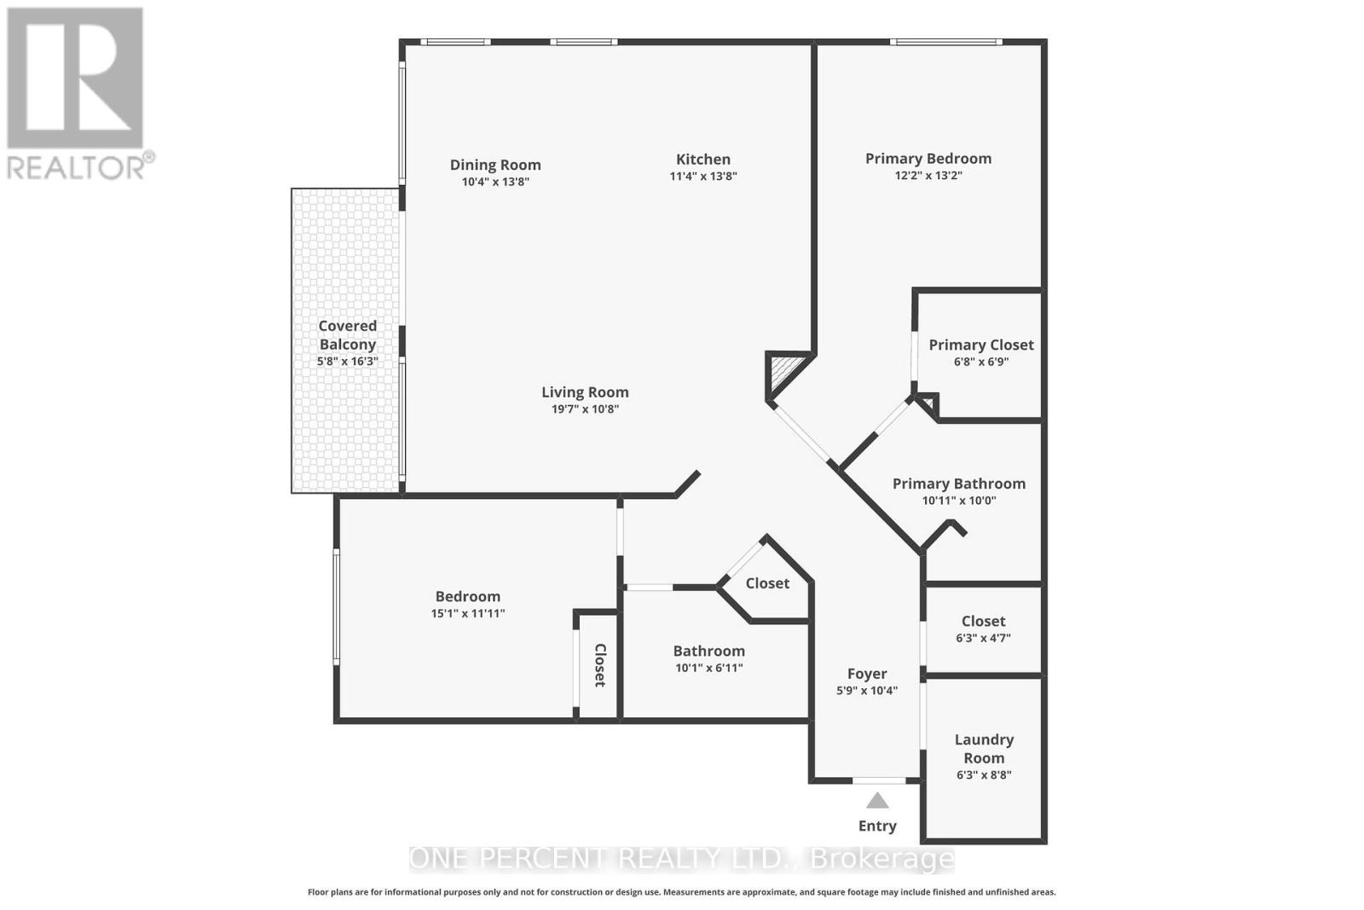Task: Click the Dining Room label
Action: [495, 165]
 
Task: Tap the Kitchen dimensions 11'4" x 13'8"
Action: [702, 177]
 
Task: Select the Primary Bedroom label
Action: [928, 159]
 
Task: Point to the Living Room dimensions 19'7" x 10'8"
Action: [585, 409]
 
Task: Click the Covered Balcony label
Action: [347, 334]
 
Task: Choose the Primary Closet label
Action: [980, 345]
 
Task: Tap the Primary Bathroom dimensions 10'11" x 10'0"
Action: [958, 501]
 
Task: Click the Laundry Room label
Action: [984, 748]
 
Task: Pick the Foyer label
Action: [866, 674]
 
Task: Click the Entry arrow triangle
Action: [877, 801]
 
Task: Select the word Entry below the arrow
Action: [877, 826]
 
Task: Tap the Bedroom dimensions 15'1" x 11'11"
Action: [467, 613]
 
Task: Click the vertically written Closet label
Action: [599, 665]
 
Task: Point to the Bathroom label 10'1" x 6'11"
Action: [708, 651]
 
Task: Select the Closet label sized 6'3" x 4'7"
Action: [983, 621]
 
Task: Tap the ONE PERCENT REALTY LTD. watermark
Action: [682, 859]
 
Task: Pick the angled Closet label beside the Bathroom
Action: [767, 583]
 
